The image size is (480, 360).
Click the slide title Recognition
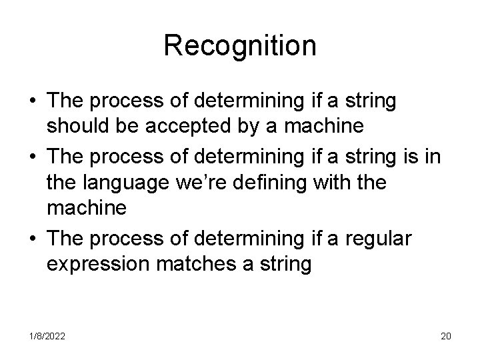240,45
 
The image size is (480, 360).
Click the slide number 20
445,336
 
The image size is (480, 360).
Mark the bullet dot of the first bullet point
33,102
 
